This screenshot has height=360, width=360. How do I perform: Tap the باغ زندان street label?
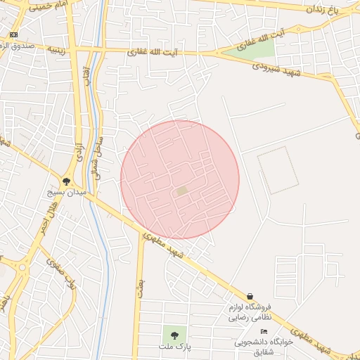[x=322, y=10]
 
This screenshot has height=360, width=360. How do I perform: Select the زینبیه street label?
[x=58, y=50]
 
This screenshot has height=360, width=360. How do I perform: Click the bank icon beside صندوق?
[x=14, y=34]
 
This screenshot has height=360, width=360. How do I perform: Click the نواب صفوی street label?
[x=60, y=274]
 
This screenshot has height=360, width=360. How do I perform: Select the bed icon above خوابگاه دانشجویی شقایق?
[x=264, y=331]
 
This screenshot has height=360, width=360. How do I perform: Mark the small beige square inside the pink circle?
[x=182, y=191]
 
